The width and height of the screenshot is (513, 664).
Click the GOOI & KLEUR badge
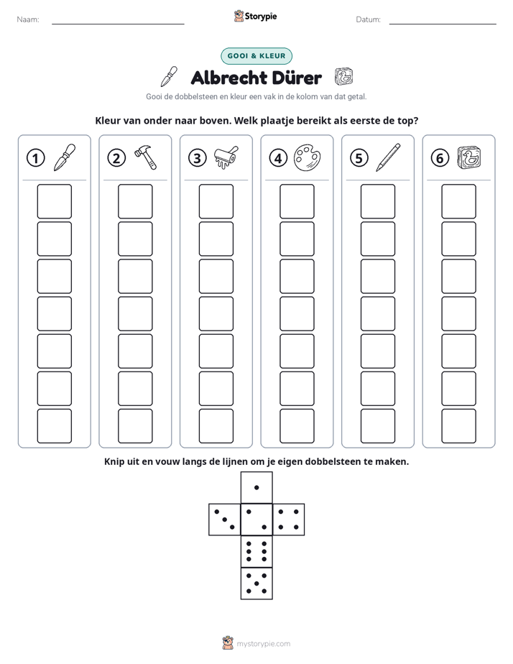(x=256, y=56)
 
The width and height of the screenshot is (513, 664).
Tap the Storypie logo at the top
(x=256, y=16)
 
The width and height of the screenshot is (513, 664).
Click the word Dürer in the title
(x=291, y=78)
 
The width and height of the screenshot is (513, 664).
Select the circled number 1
(x=35, y=158)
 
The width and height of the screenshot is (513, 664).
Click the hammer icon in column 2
(x=146, y=157)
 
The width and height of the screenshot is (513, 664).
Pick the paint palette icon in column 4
(x=308, y=158)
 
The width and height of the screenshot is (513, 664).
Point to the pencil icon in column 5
(x=388, y=157)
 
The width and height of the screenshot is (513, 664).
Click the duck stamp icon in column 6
(x=469, y=157)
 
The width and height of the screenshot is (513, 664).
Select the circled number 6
(x=440, y=158)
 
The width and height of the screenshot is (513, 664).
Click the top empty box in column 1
(x=54, y=201)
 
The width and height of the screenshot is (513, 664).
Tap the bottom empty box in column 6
(x=459, y=426)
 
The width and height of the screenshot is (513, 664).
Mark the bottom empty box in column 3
(x=216, y=426)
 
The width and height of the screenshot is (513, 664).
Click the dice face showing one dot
(x=256, y=487)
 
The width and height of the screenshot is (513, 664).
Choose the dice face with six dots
(x=256, y=551)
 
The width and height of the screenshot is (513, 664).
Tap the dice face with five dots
(x=256, y=583)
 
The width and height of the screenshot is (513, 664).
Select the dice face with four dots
(x=289, y=520)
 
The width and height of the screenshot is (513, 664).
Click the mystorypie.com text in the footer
(x=263, y=644)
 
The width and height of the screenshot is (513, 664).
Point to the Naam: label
(x=28, y=19)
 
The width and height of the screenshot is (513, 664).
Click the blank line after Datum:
(x=443, y=24)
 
